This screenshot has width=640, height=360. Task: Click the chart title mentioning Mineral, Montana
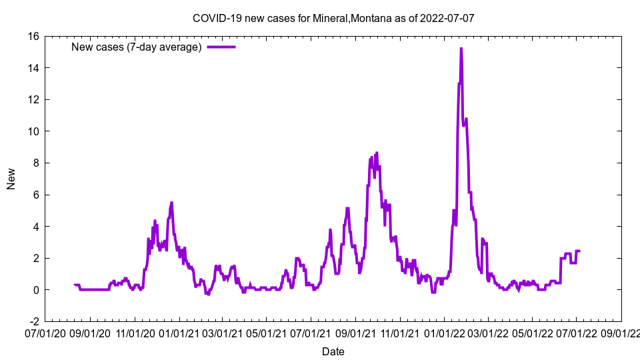click(333, 18)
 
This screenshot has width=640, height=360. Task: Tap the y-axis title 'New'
click(11, 179)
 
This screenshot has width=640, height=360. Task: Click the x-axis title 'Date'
click(333, 351)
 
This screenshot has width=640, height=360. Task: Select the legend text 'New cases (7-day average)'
click(136, 47)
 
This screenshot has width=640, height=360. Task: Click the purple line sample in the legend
click(221, 47)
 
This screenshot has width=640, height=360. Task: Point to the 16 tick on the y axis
click(32, 36)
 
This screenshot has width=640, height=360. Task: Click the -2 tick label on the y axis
click(32, 321)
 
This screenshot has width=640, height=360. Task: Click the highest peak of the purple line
click(461, 49)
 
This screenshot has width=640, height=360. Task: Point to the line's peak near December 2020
click(171, 203)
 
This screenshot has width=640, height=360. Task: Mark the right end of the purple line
click(579, 251)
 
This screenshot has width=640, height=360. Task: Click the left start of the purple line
click(74, 285)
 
